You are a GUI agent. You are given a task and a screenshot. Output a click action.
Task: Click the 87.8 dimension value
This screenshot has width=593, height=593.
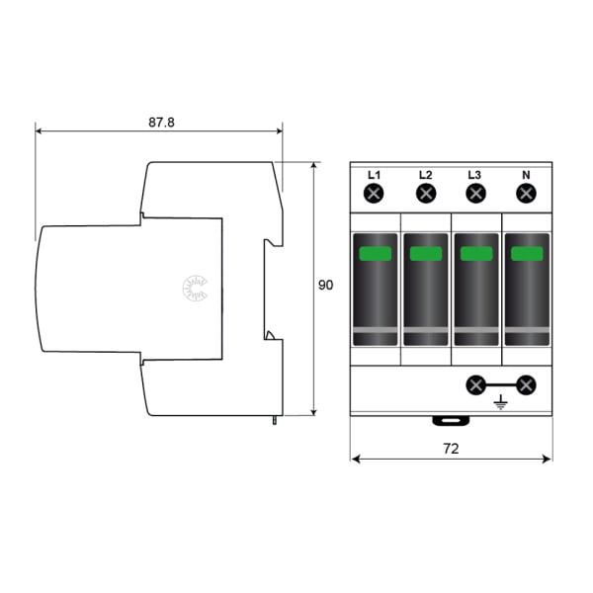pyautogui.click(x=161, y=123)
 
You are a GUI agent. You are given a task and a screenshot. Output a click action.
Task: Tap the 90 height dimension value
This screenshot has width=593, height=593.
pyautogui.click(x=325, y=286)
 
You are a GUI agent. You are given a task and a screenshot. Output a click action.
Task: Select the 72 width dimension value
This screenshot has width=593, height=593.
pyautogui.click(x=451, y=449)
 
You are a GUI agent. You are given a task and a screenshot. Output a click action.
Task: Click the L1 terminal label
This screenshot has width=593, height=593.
pyautogui.click(x=374, y=175)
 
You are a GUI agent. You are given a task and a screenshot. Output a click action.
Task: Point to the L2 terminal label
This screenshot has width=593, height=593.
pyautogui.click(x=425, y=175)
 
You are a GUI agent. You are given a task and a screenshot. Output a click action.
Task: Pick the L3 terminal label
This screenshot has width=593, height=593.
pyautogui.click(x=474, y=175)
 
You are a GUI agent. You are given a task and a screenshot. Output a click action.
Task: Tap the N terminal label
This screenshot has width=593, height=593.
pyautogui.click(x=526, y=175)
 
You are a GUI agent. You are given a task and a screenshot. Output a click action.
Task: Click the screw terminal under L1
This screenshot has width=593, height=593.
pyautogui.click(x=374, y=194)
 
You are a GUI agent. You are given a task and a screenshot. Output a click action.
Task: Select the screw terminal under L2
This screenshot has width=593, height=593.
pyautogui.click(x=426, y=194)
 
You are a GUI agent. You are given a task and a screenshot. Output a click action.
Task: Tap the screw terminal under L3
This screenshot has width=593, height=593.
pyautogui.click(x=475, y=194)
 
